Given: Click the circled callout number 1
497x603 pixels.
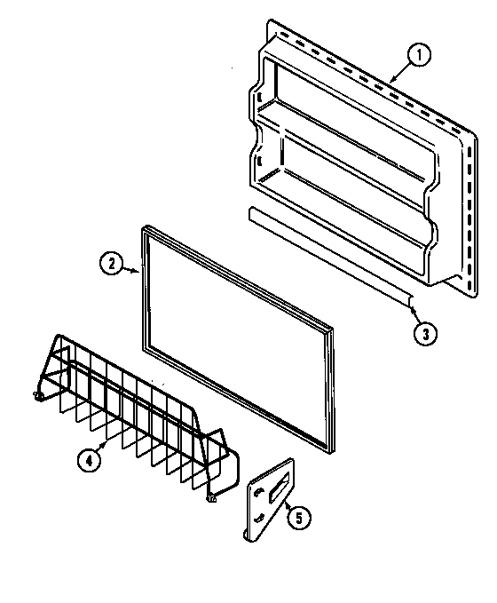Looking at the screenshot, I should pos(420,56).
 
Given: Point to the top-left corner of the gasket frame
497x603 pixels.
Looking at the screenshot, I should pos(143,231).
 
